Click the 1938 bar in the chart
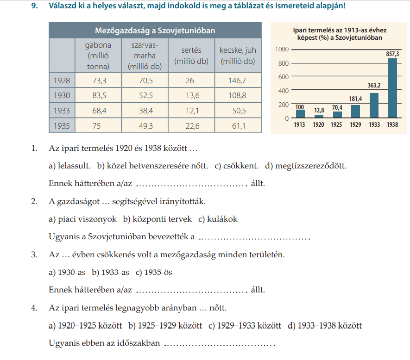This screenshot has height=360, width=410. point(392,88)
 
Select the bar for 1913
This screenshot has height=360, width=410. point(300,114)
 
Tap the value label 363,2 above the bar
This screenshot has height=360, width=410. point(374,85)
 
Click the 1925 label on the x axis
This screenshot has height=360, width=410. point(337,125)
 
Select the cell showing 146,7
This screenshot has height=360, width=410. point(238,81)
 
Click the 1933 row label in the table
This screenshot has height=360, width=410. point(62,111)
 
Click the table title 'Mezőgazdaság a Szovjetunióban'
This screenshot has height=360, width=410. point(155,31)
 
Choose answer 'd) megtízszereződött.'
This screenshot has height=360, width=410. point(306,166)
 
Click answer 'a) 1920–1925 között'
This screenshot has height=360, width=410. point(85,326)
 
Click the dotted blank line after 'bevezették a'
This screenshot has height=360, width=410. point(253,238)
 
